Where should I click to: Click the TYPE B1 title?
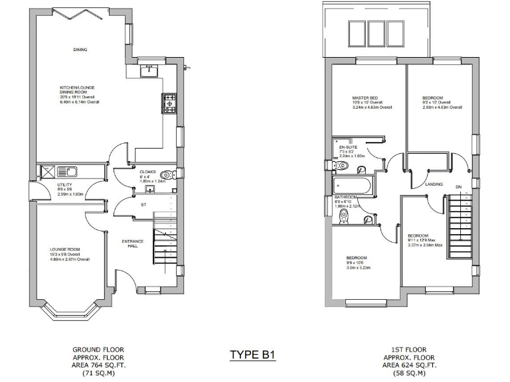[x=252, y=355]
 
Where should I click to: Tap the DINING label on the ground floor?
[x=80, y=50]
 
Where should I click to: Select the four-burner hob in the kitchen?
[x=169, y=102]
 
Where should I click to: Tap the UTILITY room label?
[x=64, y=185]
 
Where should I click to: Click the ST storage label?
[x=143, y=205]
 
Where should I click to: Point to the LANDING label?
[x=434, y=184]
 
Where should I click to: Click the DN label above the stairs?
[x=458, y=186]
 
